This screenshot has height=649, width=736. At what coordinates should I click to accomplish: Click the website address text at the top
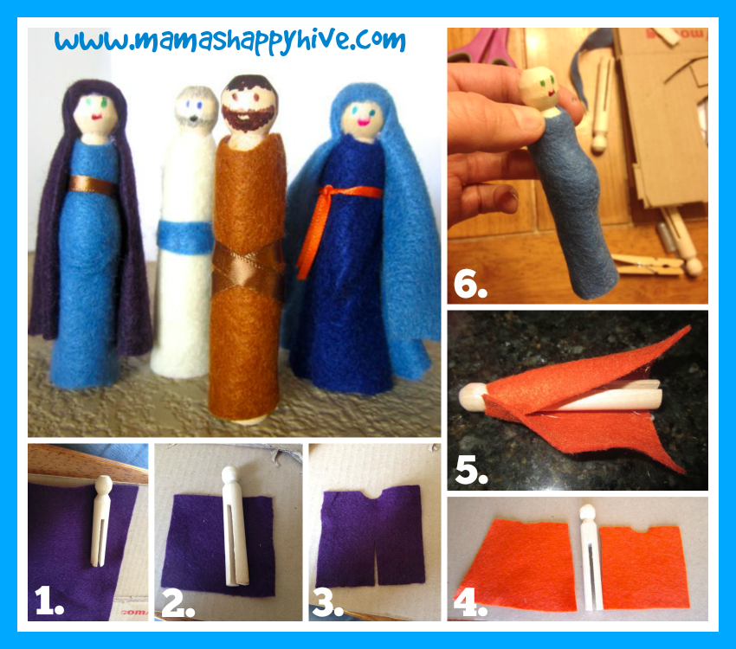tap(230, 42)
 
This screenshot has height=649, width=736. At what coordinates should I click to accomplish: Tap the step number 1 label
tap(49, 601)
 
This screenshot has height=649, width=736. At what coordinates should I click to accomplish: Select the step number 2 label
tap(178, 602)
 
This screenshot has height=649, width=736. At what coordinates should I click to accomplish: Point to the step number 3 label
tap(327, 602)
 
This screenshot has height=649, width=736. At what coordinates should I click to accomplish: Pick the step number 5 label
tap(471, 469)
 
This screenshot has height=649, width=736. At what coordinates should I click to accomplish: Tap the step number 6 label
tap(470, 284)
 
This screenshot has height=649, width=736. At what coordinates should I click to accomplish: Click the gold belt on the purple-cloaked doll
tap(94, 186)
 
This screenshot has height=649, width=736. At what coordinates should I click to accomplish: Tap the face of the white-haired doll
tap(196, 112)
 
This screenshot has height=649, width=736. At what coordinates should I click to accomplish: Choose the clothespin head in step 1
tap(102, 486)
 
